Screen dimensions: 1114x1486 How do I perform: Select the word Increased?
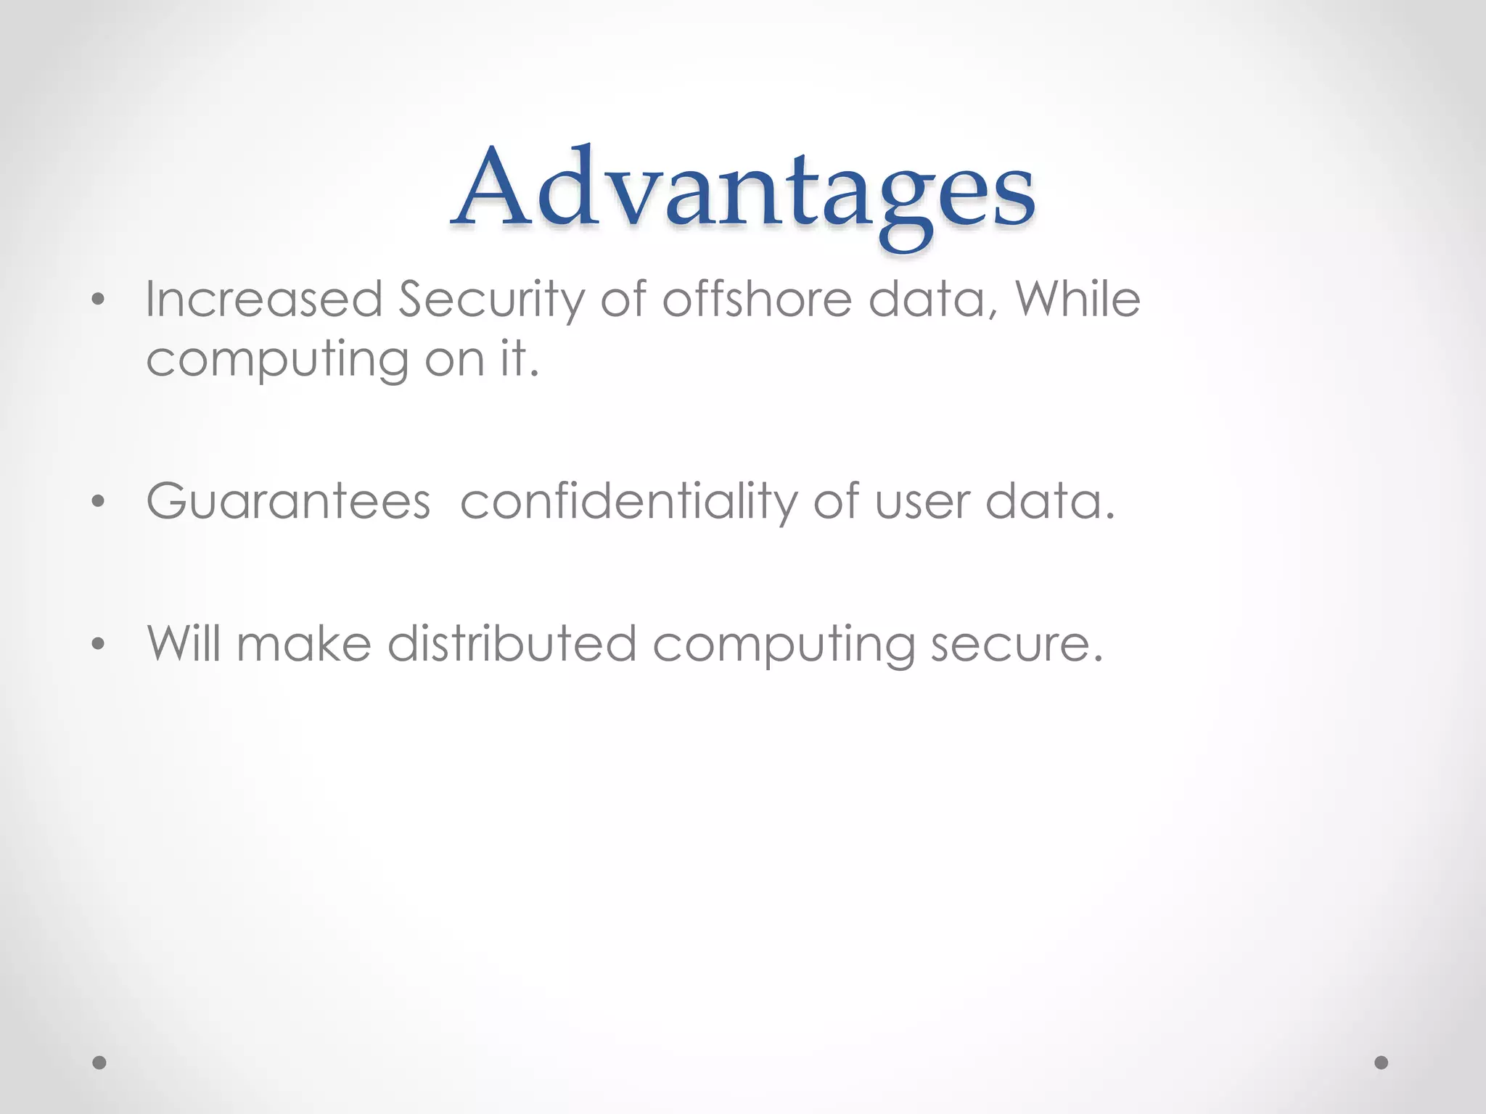(x=263, y=299)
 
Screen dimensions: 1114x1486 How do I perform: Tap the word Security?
(x=491, y=299)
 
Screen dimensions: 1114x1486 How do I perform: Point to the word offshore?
(x=757, y=299)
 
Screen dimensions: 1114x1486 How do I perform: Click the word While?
(x=1077, y=299)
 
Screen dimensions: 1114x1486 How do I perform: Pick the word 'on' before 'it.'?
(x=455, y=358)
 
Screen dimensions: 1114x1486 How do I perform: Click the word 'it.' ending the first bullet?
(x=520, y=358)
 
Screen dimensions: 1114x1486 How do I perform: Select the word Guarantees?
(x=288, y=501)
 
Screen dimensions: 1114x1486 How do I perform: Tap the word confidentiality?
(x=628, y=501)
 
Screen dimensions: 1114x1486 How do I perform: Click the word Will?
(x=184, y=643)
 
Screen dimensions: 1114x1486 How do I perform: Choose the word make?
(x=304, y=643)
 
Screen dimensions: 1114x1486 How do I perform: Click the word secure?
(x=1017, y=643)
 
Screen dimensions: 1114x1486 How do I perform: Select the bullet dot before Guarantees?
(x=99, y=501)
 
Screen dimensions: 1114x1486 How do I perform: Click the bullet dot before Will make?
(x=99, y=643)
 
